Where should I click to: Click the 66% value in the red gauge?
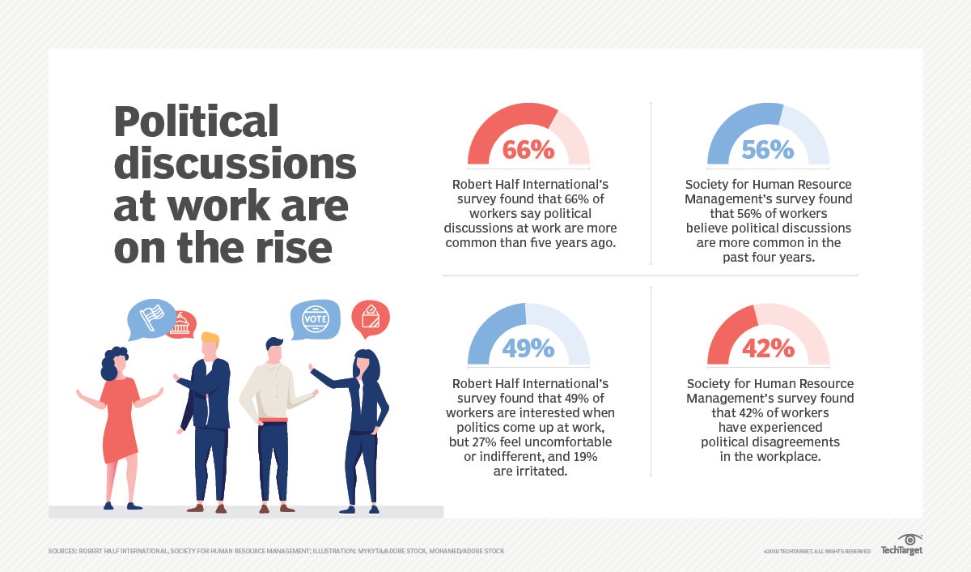pos(528,150)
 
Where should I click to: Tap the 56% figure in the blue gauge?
pos(768,150)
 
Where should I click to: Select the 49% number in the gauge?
pos(528,348)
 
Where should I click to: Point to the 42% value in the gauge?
pos(768,348)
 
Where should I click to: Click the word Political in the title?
pos(196,122)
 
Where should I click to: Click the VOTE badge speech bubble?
pos(316,318)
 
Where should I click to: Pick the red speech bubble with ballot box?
pos(370,318)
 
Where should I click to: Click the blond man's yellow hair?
pos(210,338)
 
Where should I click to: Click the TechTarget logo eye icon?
pos(911,540)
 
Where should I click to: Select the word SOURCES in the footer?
pos(61,552)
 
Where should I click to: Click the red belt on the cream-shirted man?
pos(274,420)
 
